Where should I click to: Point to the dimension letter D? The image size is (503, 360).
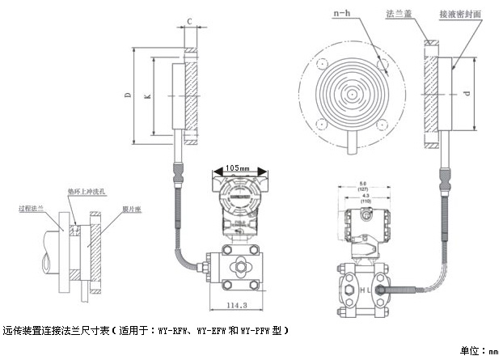(128, 96)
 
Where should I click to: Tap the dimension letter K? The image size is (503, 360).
(147, 96)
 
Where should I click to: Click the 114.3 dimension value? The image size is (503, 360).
(235, 305)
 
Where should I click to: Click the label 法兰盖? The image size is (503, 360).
(399, 14)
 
